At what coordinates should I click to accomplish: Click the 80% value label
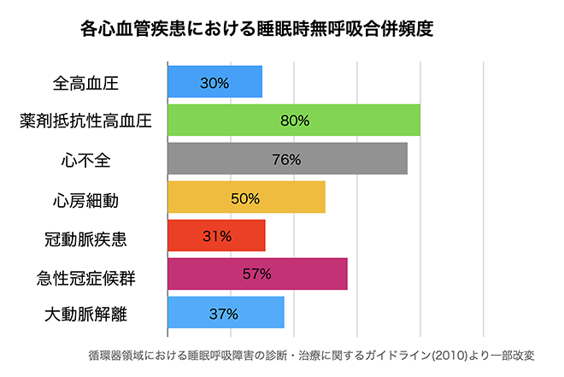pyautogui.click(x=294, y=121)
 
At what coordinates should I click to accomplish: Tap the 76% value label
pyautogui.click(x=287, y=159)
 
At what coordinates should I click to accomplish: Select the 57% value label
pyautogui.click(x=256, y=274)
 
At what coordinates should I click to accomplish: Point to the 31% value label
pyautogui.click(x=216, y=236)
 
